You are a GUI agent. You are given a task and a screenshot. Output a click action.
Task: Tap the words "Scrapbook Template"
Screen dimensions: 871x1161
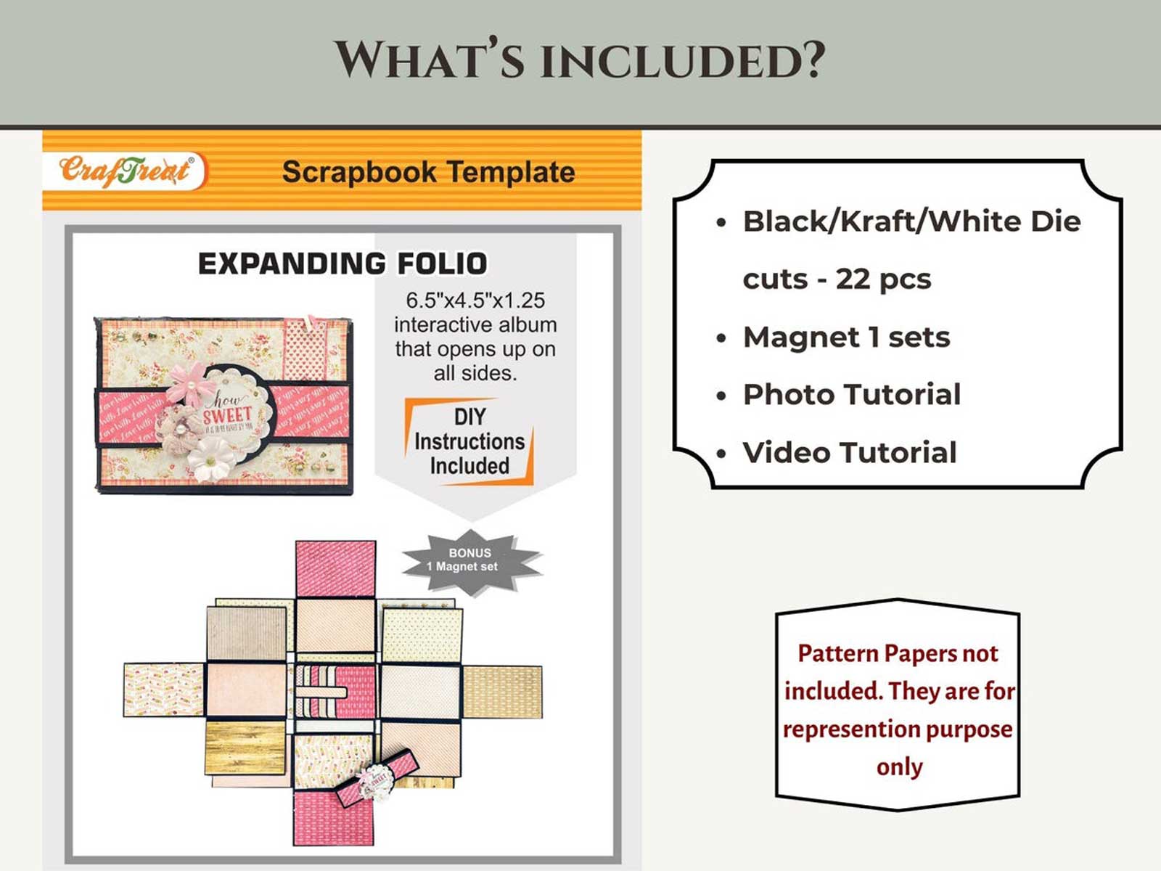pos(428,173)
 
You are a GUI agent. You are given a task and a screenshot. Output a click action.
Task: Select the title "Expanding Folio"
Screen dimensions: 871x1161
pos(342,263)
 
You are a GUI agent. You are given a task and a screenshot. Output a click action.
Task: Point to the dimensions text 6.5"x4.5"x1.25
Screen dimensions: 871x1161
pos(475,300)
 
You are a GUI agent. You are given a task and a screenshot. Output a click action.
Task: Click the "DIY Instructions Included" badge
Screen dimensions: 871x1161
pos(469,441)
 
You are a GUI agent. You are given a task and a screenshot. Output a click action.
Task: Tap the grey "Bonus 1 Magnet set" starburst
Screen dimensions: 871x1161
pos(470,560)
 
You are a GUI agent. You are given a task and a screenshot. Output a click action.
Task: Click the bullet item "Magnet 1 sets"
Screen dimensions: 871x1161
pos(846,337)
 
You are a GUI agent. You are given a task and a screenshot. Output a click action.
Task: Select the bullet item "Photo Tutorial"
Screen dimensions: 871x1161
pos(851,394)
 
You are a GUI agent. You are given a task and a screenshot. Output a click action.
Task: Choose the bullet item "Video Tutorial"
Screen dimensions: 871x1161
pos(849,452)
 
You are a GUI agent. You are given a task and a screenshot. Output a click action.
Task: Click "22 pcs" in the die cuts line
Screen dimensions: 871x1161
pos(883,279)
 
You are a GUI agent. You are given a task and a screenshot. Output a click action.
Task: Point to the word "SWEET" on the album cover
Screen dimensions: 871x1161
pos(226,416)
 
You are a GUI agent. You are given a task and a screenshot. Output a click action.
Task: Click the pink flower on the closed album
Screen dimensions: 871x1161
pos(187,383)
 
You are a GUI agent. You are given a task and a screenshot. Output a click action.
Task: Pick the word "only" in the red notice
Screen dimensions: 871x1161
pos(899,766)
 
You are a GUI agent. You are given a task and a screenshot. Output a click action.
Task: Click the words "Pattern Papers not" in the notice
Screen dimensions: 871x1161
pos(898,653)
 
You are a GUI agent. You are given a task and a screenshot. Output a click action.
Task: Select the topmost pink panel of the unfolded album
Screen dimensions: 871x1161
pos(335,568)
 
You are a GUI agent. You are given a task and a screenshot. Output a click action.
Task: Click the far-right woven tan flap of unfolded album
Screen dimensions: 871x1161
pos(502,691)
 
